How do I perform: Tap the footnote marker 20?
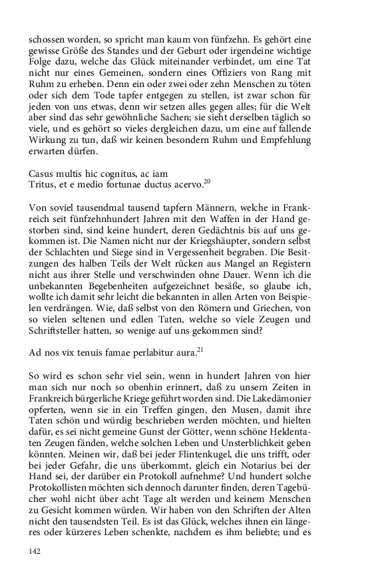(x=208, y=181)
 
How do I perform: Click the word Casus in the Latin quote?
(x=42, y=173)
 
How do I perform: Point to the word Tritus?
(x=42, y=185)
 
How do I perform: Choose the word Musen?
(x=221, y=405)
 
